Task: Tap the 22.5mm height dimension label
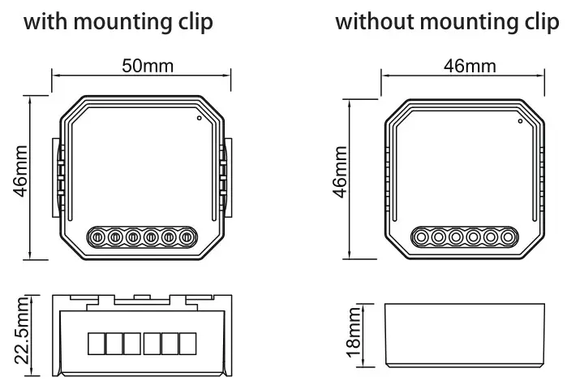[24, 332]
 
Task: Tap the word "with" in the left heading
[46, 22]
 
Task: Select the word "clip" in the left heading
[195, 22]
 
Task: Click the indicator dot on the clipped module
[200, 117]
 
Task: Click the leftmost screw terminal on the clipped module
[96, 237]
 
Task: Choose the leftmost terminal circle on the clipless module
[420, 237]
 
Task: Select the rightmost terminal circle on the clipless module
[509, 237]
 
